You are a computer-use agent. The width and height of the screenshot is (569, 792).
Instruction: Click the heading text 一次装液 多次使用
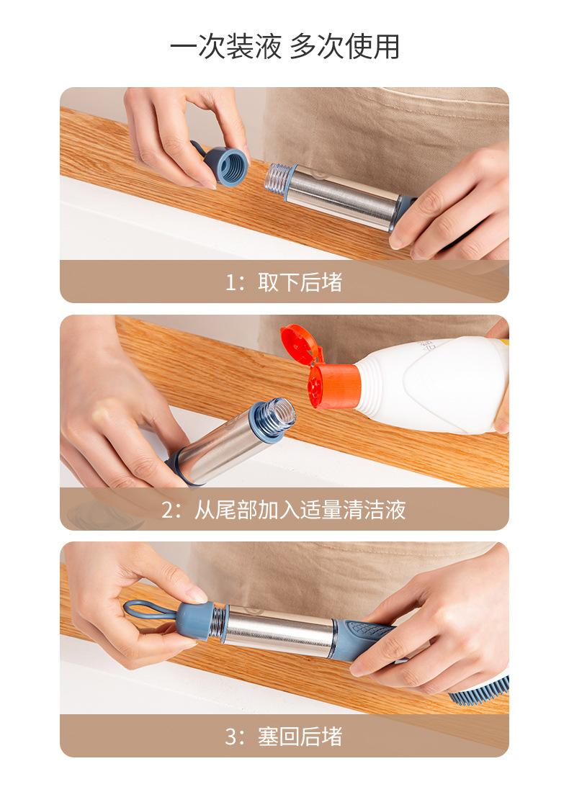coord(284,47)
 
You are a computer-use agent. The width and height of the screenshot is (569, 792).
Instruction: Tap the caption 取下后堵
coord(300,282)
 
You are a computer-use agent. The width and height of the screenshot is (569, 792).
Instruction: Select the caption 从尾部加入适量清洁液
coord(300,510)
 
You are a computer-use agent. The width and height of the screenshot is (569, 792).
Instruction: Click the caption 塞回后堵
coord(300,737)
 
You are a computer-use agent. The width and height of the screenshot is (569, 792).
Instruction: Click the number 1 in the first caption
coord(231,282)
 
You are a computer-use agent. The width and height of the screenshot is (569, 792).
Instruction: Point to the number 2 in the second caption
coord(168,510)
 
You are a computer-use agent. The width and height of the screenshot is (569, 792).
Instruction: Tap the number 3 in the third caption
coord(231,737)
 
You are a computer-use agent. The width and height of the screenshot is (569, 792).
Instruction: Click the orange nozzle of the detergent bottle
coord(333,385)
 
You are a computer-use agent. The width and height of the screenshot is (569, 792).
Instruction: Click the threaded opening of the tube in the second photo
coord(275,417)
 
